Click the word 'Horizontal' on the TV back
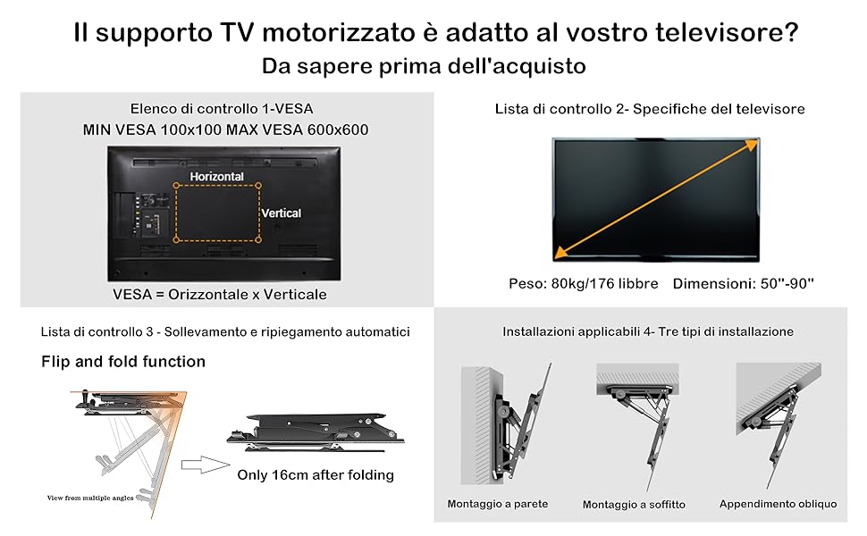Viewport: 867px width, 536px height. point(216,176)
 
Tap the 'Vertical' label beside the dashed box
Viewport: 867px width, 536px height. point(282,214)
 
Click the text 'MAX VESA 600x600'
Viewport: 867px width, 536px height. point(298,130)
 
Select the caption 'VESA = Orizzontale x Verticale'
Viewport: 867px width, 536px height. point(220,294)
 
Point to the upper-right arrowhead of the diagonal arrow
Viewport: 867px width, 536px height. point(752,145)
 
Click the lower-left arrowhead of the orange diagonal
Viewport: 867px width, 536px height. point(561,253)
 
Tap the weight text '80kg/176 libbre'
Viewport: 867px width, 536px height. point(605,283)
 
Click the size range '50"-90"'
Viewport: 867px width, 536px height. point(787,283)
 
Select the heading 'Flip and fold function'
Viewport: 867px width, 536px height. point(123,362)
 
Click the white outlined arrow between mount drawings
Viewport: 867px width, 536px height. point(205,465)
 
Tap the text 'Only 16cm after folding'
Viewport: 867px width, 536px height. point(316,475)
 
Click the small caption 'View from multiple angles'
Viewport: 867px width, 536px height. point(90,498)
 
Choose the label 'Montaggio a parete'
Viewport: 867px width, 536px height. point(498,504)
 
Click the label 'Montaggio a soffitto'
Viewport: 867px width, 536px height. point(634,505)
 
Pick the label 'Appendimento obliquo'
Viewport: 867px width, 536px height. point(778,504)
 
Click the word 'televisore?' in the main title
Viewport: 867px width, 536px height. point(727,32)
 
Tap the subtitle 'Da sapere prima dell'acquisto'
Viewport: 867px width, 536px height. point(424,66)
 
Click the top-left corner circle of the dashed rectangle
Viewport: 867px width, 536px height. point(176,186)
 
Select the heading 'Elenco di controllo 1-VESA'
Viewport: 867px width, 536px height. point(222,109)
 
